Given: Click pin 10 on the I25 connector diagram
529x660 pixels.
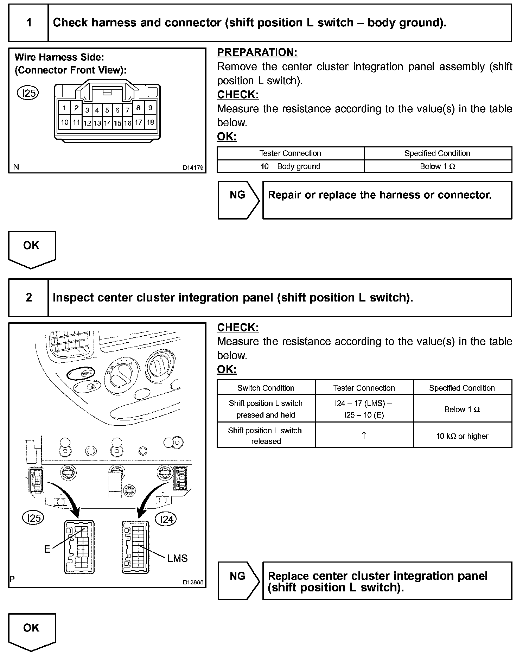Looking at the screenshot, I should [x=64, y=122].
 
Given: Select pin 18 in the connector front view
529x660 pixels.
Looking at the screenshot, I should [x=150, y=122].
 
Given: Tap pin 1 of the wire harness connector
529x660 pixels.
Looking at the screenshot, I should [x=64, y=108].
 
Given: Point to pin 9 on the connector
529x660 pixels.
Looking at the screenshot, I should [x=150, y=108].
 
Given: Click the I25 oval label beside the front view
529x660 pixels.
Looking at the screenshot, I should [x=28, y=93].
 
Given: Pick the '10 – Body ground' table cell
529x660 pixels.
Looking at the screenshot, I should [x=290, y=166].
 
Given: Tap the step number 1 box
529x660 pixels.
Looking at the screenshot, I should [x=28, y=23].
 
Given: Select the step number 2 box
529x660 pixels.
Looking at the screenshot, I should [x=28, y=298].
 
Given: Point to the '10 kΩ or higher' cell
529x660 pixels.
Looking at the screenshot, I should [x=462, y=436].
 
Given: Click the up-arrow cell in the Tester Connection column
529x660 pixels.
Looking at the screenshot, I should [x=364, y=435].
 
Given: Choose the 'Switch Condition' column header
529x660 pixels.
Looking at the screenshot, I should [x=266, y=388].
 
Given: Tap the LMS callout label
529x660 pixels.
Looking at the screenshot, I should [x=177, y=558].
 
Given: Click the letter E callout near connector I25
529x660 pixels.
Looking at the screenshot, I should [x=47, y=549].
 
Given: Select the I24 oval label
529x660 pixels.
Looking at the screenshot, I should [x=166, y=519].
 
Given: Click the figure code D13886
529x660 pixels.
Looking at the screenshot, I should [x=193, y=582].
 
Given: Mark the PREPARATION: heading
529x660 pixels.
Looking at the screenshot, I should [x=257, y=52].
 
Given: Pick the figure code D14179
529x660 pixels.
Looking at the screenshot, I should [x=193, y=168].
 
